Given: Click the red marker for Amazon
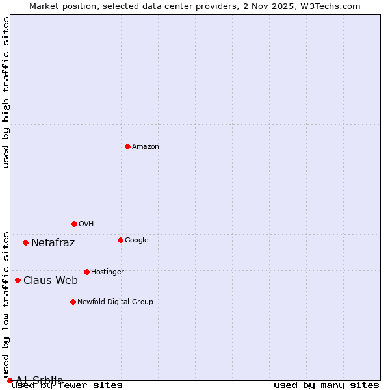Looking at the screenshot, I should point(127,146).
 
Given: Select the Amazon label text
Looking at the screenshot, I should point(146,147).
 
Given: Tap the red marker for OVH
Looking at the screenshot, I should point(74,224).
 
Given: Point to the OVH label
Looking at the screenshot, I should point(86,224).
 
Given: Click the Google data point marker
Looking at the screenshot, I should point(120,240).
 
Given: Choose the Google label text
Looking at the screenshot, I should point(136,240).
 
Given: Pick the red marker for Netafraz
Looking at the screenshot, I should point(25,242).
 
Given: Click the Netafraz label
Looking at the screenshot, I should point(53,243).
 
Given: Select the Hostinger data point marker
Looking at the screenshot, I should point(86,272).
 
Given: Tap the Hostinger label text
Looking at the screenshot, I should point(107,272).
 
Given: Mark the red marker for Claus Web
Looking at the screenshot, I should point(18,280).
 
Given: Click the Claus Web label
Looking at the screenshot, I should point(51,281).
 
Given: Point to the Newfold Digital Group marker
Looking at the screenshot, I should point(73,302).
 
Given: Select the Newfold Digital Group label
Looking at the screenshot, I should point(115,302).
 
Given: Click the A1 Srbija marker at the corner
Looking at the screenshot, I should point(10,380).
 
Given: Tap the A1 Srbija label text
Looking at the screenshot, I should point(40,380).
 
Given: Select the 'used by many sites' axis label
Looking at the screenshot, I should point(326,385).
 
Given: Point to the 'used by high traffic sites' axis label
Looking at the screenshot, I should point(6,92).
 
